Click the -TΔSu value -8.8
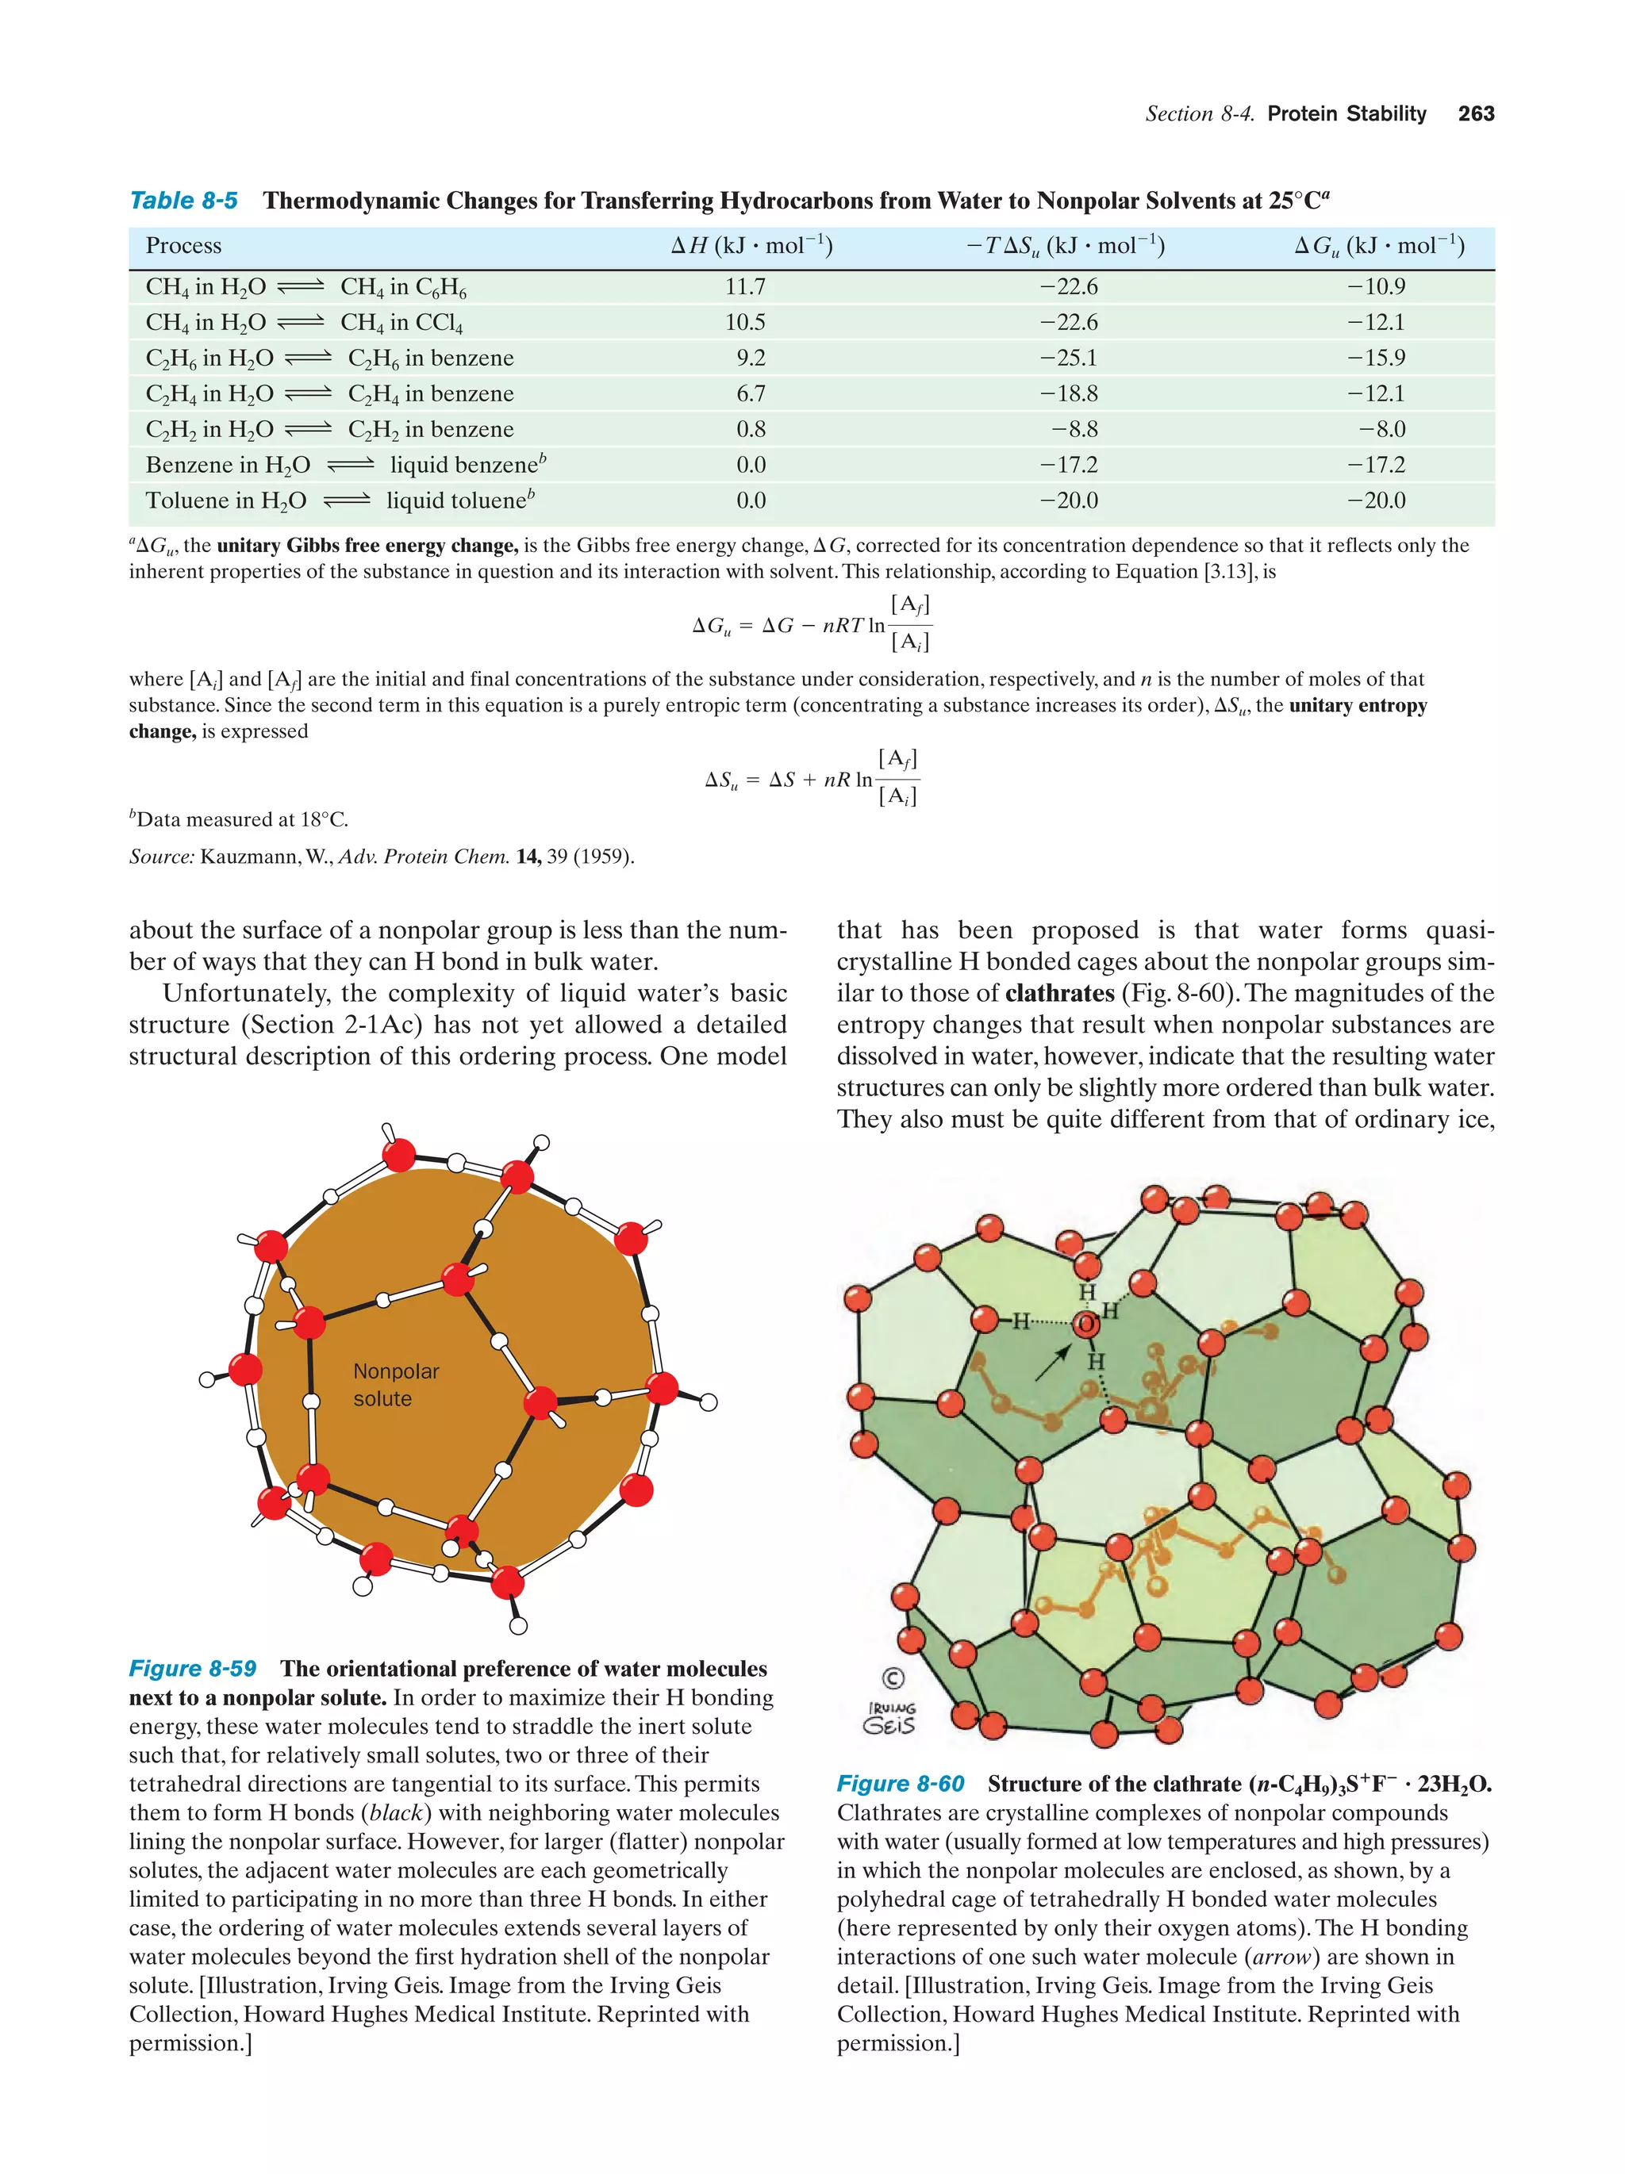[x=1074, y=430]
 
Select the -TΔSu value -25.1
[x=1069, y=358]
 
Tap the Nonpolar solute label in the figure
[x=395, y=1385]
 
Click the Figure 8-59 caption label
[x=193, y=1669]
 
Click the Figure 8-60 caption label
[x=900, y=1784]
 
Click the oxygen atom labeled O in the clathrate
[x=1085, y=1325]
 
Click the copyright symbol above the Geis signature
[x=892, y=1678]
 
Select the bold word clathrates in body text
[x=1058, y=994]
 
